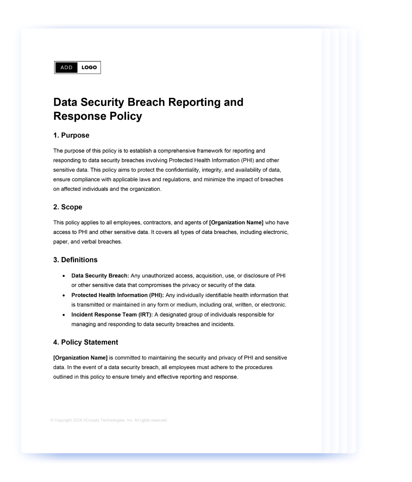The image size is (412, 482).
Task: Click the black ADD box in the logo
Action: tap(66, 68)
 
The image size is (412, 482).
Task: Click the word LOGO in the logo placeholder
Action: tap(89, 68)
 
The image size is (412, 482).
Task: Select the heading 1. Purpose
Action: tap(71, 135)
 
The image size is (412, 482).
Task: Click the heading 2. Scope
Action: tap(68, 207)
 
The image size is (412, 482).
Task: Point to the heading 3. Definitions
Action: tap(75, 260)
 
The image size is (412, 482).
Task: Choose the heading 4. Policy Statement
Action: tap(85, 342)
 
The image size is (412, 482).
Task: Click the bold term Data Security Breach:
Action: tap(100, 276)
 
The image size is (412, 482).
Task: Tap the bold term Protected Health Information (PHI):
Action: tap(117, 295)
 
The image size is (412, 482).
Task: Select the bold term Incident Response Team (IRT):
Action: tap(112, 315)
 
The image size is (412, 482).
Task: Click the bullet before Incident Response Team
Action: tap(64, 315)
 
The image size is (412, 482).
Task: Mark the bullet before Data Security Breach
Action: tap(64, 276)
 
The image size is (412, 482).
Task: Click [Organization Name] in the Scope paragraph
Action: tap(236, 223)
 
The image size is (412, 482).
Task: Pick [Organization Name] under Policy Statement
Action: tap(80, 358)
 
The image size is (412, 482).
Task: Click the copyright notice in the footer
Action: tap(109, 420)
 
